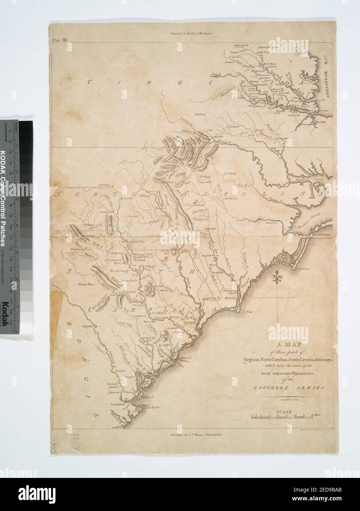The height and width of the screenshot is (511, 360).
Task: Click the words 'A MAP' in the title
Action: point(284,345)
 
